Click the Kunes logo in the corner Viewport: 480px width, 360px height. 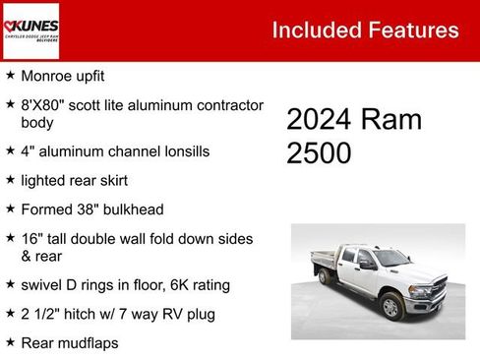(x=30, y=30)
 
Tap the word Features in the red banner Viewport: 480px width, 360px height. (x=413, y=30)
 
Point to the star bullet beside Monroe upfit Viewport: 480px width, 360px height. (x=10, y=75)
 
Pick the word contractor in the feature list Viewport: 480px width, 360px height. (x=226, y=104)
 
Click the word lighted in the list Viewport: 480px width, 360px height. (x=42, y=181)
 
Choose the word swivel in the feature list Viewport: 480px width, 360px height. (x=42, y=285)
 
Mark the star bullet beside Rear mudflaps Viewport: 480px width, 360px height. (x=10, y=342)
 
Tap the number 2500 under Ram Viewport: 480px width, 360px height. (x=319, y=153)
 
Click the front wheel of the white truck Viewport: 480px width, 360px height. (x=390, y=306)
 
